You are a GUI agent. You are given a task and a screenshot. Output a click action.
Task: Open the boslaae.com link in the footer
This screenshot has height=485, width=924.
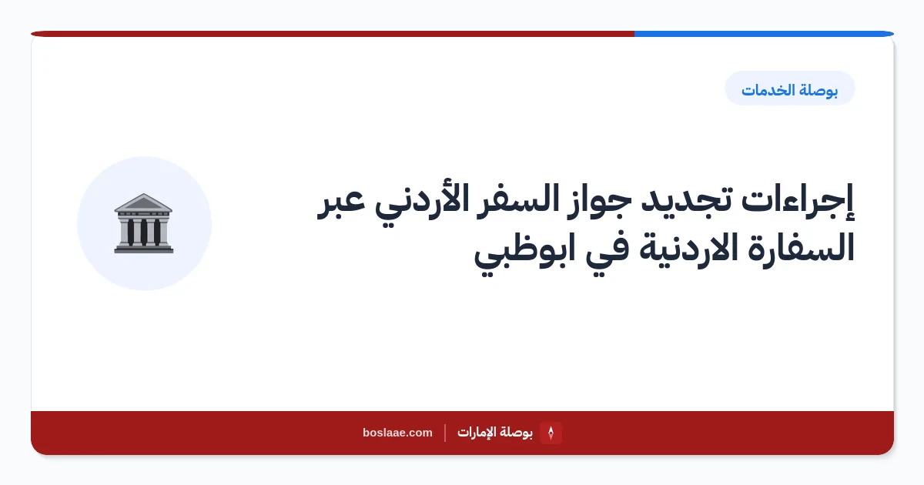click(397, 433)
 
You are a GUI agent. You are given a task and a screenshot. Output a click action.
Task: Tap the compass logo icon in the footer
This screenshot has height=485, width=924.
click(551, 433)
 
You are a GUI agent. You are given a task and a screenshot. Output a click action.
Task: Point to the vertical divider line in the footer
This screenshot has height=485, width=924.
click(445, 433)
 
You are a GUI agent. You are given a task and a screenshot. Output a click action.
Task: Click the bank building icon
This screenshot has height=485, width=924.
click(143, 223)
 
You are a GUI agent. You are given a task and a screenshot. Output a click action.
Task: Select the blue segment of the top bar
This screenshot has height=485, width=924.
click(764, 34)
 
